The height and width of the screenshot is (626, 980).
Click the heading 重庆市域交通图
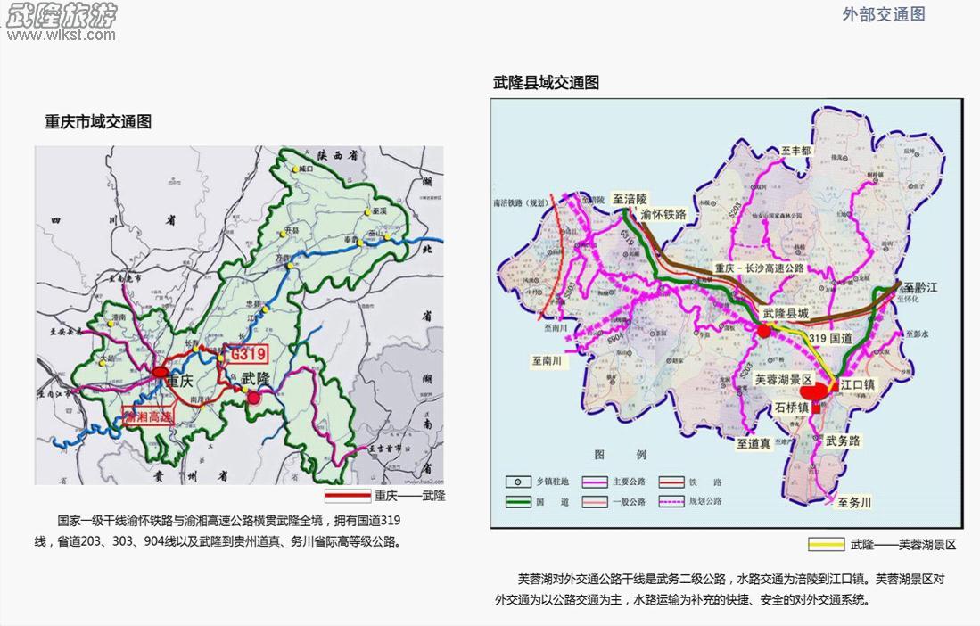pyautogui.click(x=98, y=122)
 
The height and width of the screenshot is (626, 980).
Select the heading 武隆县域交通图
pyautogui.click(x=546, y=83)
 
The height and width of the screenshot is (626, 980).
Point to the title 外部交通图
pyautogui.click(x=883, y=13)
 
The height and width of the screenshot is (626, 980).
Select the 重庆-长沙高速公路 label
pyautogui.click(x=759, y=268)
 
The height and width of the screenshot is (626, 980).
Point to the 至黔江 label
pyautogui.click(x=921, y=288)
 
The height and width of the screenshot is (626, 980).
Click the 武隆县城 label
pyautogui.click(x=785, y=314)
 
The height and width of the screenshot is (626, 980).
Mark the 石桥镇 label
pyautogui.click(x=791, y=408)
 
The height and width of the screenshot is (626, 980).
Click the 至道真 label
pyautogui.click(x=754, y=441)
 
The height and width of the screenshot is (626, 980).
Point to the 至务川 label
pyautogui.click(x=853, y=502)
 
